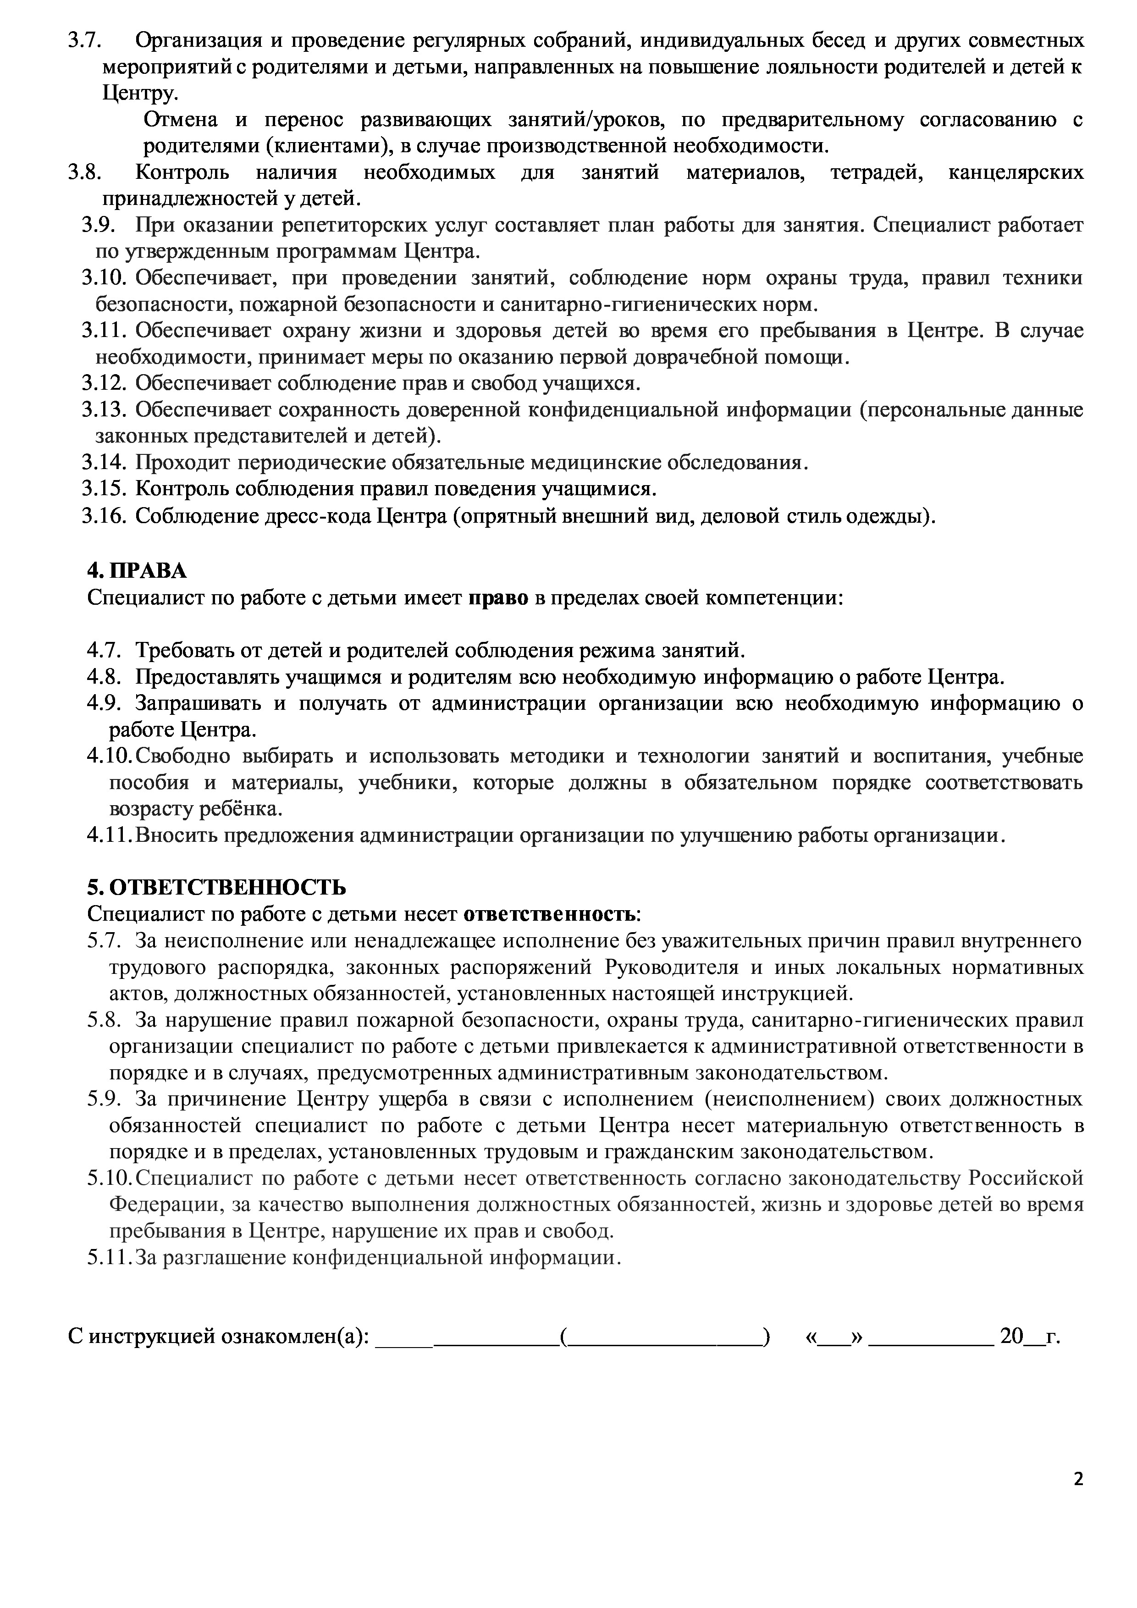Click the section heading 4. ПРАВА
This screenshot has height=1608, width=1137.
(x=137, y=571)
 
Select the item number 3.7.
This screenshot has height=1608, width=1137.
(x=85, y=41)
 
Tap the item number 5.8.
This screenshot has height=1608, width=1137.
(x=105, y=1020)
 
